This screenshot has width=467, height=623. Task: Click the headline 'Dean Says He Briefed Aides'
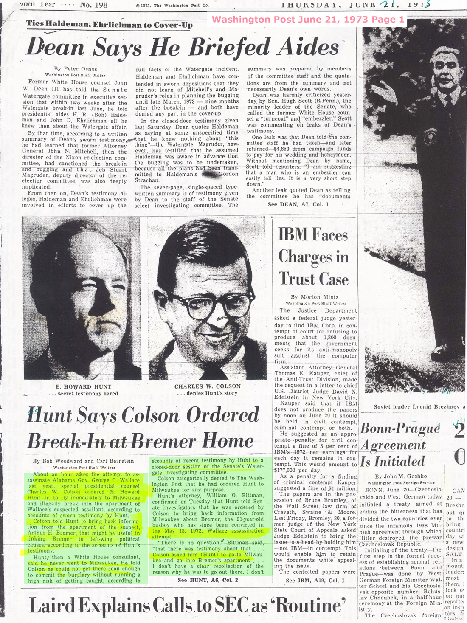tap(183, 47)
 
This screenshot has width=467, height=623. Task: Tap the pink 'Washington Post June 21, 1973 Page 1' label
tap(308, 20)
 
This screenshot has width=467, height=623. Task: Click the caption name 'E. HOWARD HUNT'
tap(84, 386)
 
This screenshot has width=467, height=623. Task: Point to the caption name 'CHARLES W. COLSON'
tap(207, 386)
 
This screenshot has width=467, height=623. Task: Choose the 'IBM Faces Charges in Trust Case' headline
tap(313, 257)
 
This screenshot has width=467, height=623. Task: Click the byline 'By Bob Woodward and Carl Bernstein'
tap(83, 461)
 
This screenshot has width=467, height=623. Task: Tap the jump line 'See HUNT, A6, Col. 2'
tap(208, 580)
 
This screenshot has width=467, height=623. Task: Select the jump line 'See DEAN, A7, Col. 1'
tap(298, 204)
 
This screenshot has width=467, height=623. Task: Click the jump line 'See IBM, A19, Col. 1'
tap(315, 580)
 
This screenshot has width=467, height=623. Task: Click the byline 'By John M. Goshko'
tap(395, 476)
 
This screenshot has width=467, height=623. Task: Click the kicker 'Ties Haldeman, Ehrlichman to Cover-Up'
tap(109, 25)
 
